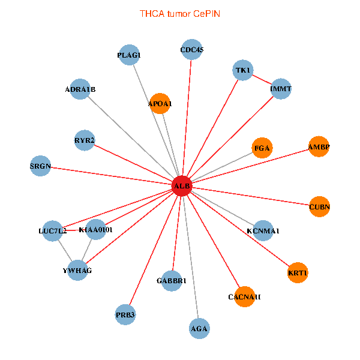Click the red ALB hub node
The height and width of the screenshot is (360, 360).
(181, 187)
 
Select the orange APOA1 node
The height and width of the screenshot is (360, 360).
(160, 104)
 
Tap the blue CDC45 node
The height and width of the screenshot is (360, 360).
(192, 50)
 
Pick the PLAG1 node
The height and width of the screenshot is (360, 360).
(129, 55)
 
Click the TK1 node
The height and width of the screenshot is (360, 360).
(243, 70)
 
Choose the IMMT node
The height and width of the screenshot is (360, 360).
(281, 89)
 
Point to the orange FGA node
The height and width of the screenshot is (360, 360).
(262, 148)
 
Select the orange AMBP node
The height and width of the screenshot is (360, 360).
(319, 146)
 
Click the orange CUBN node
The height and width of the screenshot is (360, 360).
(320, 207)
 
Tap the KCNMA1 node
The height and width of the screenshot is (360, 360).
(263, 230)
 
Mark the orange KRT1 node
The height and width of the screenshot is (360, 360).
(298, 273)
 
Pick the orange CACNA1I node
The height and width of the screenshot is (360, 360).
(245, 296)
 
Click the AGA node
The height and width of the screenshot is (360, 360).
(199, 328)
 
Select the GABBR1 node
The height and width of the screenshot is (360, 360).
(172, 281)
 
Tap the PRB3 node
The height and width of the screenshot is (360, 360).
(125, 314)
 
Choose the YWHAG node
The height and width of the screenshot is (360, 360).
(77, 271)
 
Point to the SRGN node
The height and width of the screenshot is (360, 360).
(41, 166)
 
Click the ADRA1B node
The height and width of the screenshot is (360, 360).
(80, 89)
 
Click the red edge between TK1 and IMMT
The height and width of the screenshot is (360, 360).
(262, 80)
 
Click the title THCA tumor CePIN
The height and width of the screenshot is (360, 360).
(180, 13)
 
